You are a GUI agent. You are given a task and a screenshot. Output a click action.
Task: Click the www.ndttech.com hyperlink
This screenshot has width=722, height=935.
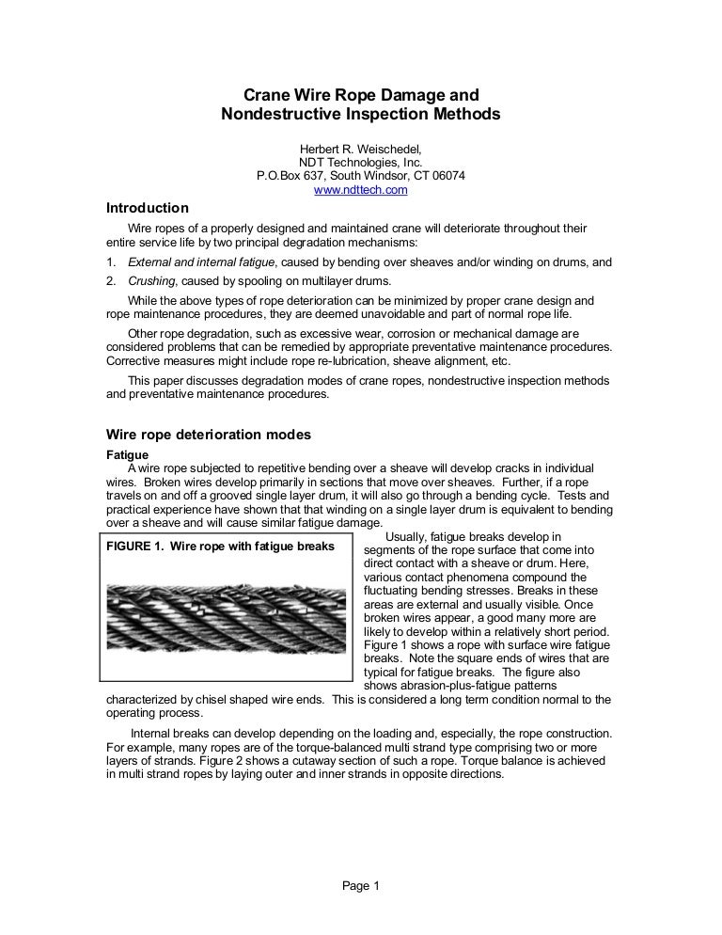coord(360,190)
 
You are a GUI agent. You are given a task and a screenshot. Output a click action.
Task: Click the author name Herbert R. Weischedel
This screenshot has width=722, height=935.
coord(360,149)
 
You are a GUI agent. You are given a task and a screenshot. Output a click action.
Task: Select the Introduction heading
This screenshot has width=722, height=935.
coord(147,208)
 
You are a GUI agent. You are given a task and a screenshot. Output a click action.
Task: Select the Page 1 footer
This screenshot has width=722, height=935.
coord(360,885)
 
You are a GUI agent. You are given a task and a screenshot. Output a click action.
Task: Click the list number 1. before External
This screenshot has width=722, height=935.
coord(110,262)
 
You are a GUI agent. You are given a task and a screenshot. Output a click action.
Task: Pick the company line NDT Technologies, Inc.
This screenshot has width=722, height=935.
coord(360,162)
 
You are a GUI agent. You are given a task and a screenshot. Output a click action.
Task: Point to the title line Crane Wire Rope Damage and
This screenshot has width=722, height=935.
coord(361,95)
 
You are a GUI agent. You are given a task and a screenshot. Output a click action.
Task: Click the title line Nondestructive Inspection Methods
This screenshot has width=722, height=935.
coord(361,116)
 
